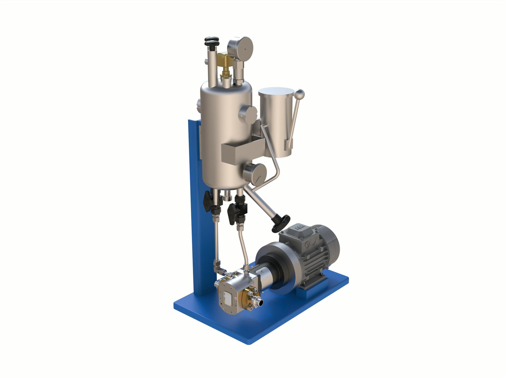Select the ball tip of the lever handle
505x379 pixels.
point(300,93)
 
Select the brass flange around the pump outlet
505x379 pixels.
point(249,299)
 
